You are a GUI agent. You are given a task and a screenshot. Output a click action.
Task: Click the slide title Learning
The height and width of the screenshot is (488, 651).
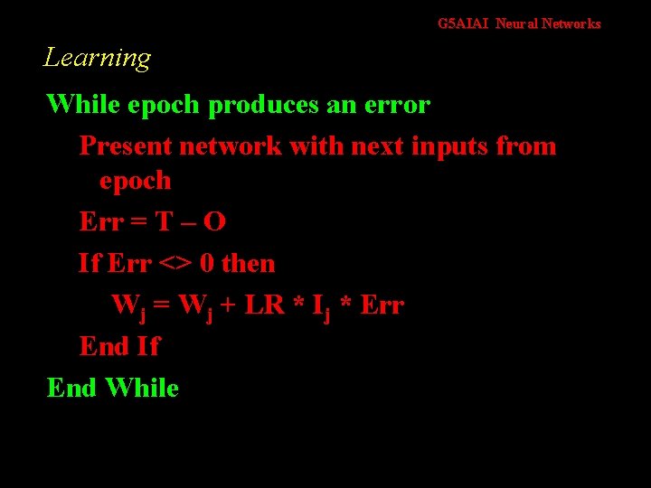(97, 59)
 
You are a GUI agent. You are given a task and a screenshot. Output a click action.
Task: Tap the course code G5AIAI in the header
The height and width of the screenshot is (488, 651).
(463, 24)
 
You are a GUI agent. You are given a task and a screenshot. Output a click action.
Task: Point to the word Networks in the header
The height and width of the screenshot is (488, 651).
(571, 24)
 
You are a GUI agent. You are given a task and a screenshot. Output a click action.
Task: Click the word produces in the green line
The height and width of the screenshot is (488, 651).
(263, 105)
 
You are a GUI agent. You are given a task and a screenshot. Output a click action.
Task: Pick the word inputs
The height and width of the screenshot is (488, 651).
(450, 145)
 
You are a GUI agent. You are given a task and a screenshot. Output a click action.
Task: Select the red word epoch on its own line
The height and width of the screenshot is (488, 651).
(135, 181)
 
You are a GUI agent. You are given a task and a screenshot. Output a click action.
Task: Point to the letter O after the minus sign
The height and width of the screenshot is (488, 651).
(215, 221)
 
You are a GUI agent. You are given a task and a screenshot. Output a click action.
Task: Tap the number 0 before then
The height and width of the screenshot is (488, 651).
(207, 264)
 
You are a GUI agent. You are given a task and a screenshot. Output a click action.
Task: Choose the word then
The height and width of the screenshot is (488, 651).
(248, 264)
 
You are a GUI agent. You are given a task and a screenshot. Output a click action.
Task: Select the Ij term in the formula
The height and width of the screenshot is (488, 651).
(319, 306)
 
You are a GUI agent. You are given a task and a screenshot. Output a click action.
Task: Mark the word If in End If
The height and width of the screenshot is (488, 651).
(147, 346)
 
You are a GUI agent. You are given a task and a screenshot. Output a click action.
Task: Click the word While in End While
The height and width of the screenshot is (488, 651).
(142, 389)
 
